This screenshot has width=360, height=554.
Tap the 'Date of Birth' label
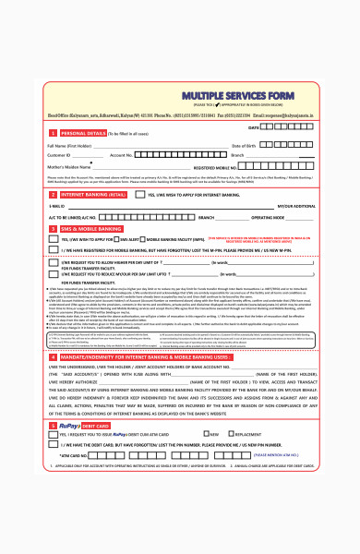(243, 146)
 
